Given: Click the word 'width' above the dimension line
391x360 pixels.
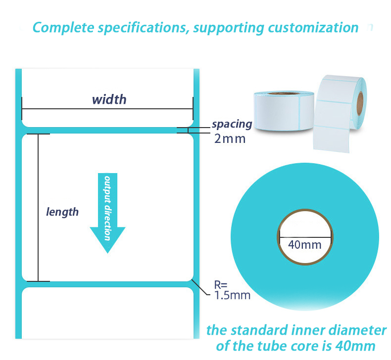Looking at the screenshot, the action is coord(109,99).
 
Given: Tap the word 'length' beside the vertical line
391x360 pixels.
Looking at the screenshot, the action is coord(62,212).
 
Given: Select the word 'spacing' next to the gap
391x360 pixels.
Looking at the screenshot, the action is coord(232,124).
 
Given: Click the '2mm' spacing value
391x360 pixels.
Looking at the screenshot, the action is coord(230,139).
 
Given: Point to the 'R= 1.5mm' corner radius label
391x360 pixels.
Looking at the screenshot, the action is coord(232,290).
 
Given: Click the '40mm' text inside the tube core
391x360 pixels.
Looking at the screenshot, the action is coord(305,245).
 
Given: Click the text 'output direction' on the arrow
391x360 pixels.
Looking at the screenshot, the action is coord(107,208).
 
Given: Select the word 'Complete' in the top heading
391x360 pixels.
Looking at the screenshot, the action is coord(63,27).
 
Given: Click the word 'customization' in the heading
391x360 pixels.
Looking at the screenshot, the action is coord(313,27).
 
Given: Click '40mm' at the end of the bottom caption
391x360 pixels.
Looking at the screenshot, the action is coord(355,346).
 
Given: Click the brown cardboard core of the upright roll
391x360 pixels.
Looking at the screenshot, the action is coord(360,103).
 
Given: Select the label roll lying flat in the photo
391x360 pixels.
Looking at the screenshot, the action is coord(284,111).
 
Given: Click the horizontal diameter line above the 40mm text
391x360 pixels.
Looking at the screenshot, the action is coord(305,237).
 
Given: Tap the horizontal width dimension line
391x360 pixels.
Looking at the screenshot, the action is coord(107,109).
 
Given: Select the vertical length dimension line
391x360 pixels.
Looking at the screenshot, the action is coord(38,208).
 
